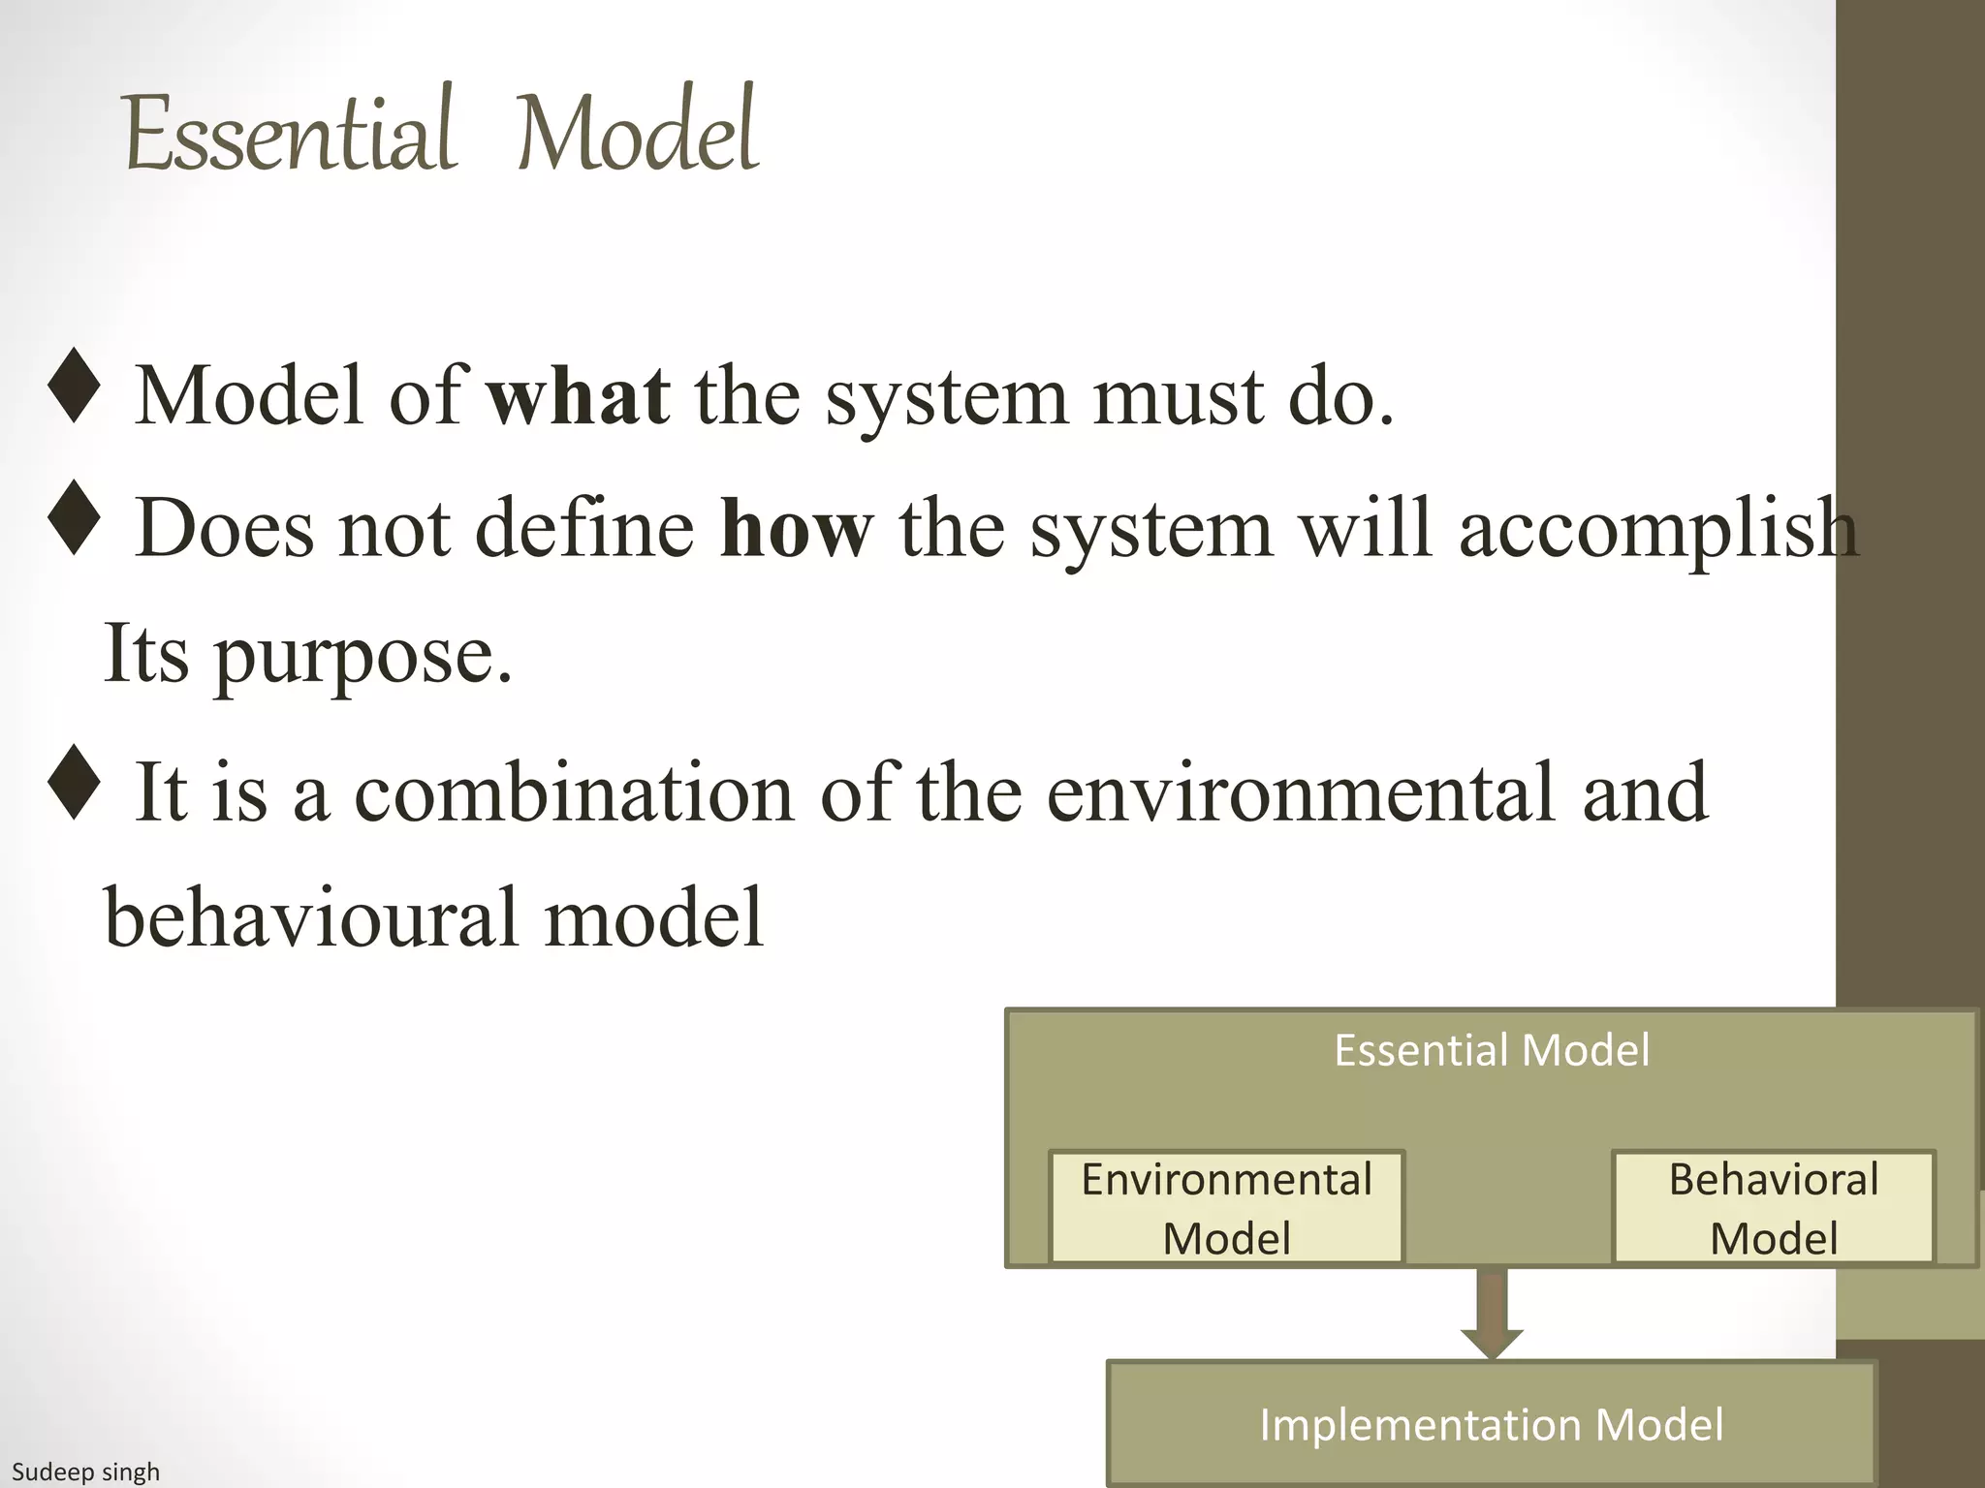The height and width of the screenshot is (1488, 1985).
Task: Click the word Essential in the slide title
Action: tap(289, 133)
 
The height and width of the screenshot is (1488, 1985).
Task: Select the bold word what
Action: tap(578, 396)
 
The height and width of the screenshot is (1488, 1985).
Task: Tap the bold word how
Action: tap(796, 529)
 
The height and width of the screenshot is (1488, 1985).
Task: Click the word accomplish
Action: tap(1657, 529)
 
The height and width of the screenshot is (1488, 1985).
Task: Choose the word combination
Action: tap(574, 792)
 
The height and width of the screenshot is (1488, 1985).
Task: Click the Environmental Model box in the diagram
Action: tap(1226, 1208)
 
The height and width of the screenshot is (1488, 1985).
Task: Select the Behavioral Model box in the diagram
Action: tap(1773, 1208)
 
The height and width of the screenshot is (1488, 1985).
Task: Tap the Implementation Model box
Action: tap(1491, 1424)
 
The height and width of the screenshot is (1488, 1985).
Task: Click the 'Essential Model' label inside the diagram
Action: tap(1491, 1050)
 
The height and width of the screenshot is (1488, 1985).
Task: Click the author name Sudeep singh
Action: tap(85, 1472)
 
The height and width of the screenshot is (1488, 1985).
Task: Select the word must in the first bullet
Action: tap(1179, 396)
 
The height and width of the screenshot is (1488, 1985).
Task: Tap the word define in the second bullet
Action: tap(584, 529)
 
